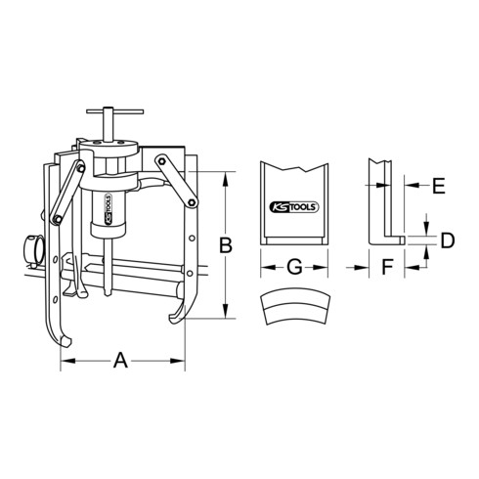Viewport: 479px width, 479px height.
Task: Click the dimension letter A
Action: coord(122,362)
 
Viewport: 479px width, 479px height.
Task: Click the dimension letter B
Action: coord(225,247)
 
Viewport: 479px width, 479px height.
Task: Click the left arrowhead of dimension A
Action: coord(65,362)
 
